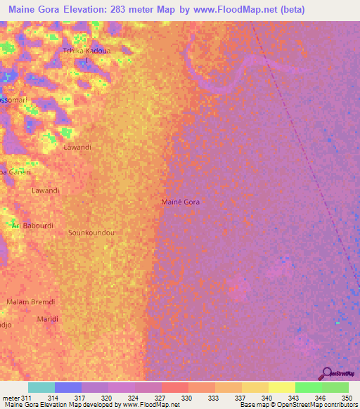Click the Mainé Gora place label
point(181,202)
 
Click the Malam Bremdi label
point(30,301)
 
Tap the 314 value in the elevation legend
point(51,397)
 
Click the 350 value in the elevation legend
point(342,397)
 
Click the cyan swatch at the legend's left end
point(41,387)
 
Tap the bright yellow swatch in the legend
point(281,387)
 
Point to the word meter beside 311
point(11,397)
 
